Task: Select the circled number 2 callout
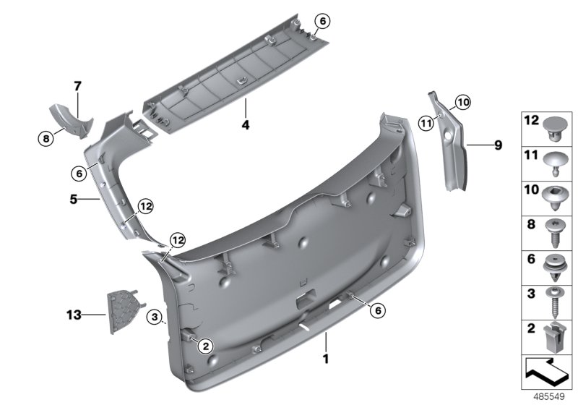coord(205,346)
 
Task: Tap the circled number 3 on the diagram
coord(153,317)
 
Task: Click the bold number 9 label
coord(497,145)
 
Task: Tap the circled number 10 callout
coord(462,103)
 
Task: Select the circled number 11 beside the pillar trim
coord(426,123)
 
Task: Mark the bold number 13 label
coord(74,315)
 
